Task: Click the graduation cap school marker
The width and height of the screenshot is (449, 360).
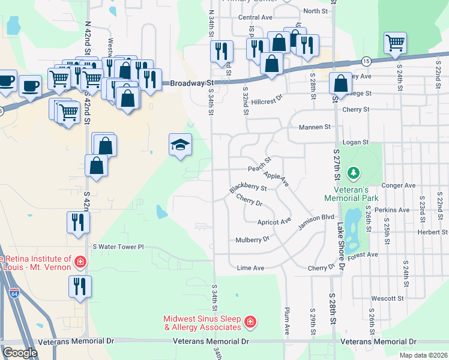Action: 181,145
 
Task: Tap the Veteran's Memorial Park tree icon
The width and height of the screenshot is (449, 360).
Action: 354,173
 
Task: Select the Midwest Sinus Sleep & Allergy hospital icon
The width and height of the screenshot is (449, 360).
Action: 250,323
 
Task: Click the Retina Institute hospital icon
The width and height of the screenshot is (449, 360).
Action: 80,262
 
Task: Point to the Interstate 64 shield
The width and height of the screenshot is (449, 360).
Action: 14,293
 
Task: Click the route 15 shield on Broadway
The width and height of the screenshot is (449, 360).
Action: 366,61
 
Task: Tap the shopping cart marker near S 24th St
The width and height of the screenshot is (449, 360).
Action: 396,43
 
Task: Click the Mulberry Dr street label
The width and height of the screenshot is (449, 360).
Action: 249,239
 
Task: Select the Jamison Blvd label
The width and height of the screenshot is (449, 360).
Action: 316,221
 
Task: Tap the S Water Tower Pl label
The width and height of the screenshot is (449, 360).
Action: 119,247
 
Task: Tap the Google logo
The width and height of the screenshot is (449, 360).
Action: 20,353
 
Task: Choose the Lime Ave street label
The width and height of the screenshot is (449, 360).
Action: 250,268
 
